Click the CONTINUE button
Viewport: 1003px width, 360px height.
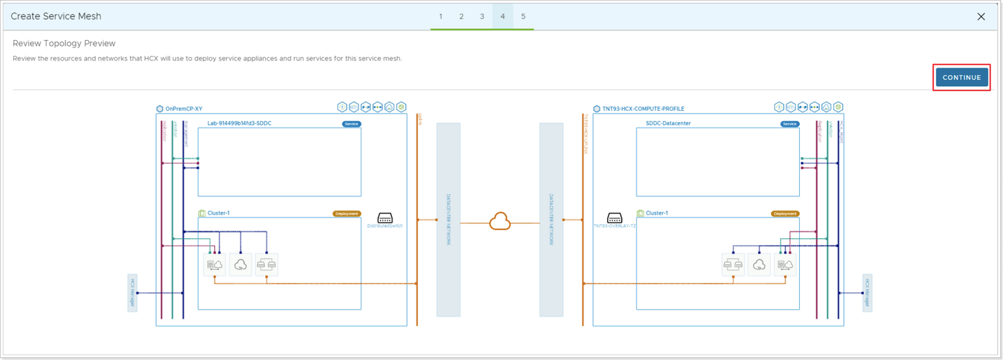(961, 78)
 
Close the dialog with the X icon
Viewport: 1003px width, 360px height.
(981, 17)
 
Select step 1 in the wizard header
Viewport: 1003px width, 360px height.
(441, 17)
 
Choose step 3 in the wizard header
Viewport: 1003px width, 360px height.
(482, 17)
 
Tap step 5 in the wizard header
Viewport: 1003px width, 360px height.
(523, 17)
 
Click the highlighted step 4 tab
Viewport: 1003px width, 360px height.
(503, 17)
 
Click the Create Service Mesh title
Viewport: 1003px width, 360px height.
(56, 17)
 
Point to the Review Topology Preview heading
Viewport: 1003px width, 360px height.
(64, 43)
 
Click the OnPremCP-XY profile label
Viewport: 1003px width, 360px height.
(184, 109)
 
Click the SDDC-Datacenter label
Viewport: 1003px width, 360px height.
(668, 124)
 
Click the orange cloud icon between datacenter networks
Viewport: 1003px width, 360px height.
(499, 222)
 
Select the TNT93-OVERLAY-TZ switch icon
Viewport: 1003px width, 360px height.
(614, 218)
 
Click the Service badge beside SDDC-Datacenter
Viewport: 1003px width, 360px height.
(790, 124)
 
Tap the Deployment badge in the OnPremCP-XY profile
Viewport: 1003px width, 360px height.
(346, 213)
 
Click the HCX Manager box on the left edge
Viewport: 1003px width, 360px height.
(132, 293)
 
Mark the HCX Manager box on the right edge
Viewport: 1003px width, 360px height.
(867, 293)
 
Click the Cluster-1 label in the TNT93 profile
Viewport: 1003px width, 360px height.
(657, 213)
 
